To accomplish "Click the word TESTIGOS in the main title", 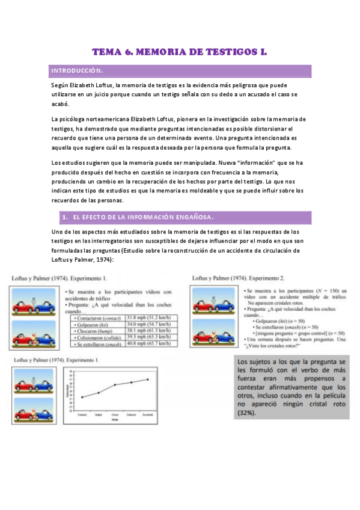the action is (226, 53).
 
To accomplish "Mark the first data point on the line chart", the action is (82, 397).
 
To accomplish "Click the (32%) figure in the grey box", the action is (247, 414).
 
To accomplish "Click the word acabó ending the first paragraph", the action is (61, 103).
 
